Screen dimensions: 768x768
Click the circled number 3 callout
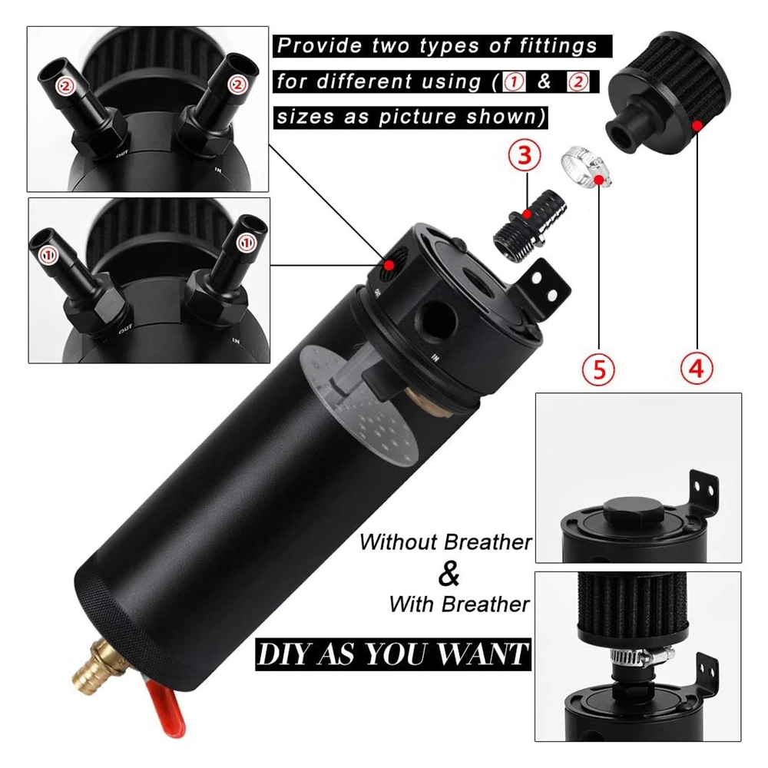[525, 155]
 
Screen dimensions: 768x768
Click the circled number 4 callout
[697, 369]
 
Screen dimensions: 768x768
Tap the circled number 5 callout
[598, 369]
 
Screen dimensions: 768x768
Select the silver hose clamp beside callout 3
[586, 167]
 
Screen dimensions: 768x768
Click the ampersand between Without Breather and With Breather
[449, 574]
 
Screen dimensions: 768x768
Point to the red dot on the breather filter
[697, 126]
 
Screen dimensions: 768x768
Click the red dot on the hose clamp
[598, 180]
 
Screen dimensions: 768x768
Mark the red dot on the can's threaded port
[389, 265]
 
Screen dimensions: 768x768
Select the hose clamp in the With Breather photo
[643, 657]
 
